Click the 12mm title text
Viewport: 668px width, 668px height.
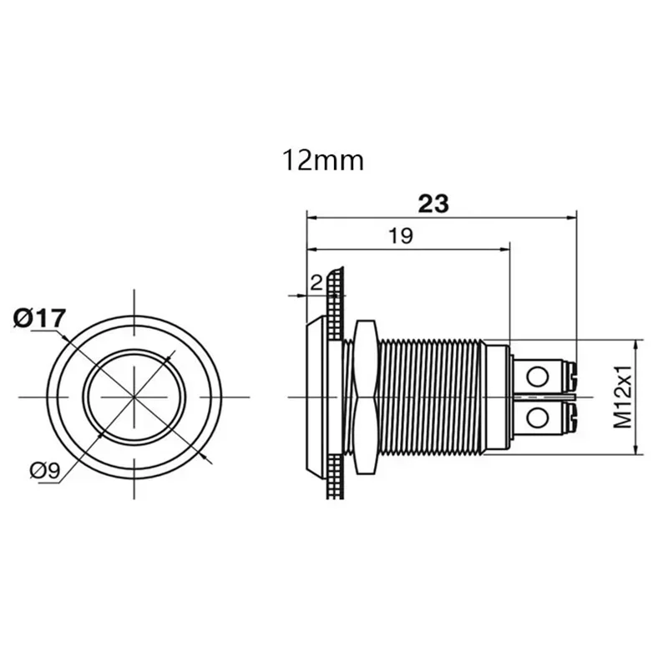point(323,159)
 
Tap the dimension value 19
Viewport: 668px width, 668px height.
point(402,236)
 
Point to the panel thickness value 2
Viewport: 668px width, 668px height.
point(315,283)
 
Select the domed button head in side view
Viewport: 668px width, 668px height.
point(316,395)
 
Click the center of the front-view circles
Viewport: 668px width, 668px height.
point(134,397)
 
